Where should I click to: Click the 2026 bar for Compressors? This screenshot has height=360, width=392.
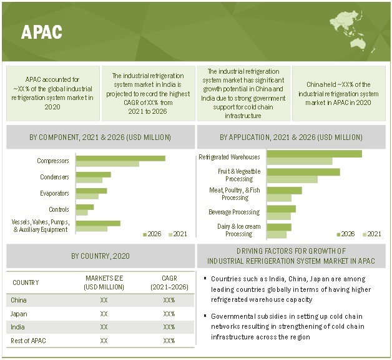point(120,158)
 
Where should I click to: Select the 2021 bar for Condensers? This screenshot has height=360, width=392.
point(89,180)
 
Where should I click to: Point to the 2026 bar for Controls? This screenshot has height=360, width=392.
point(85,206)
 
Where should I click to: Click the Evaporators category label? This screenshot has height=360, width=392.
point(54,193)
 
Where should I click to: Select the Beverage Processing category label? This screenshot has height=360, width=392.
point(234,212)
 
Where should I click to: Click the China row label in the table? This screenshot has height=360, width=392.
point(19,300)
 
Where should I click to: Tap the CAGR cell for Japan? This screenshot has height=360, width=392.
point(169,314)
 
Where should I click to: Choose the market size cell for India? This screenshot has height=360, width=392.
point(104,327)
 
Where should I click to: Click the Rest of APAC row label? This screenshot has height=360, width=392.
point(28,341)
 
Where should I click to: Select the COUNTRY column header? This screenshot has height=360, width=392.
point(26,282)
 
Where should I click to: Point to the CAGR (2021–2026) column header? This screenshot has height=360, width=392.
point(169,282)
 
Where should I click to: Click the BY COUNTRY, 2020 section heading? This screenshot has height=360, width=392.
point(100,256)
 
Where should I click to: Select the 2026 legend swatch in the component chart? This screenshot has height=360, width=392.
point(145,234)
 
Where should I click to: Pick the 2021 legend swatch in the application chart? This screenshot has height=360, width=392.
point(363,234)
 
